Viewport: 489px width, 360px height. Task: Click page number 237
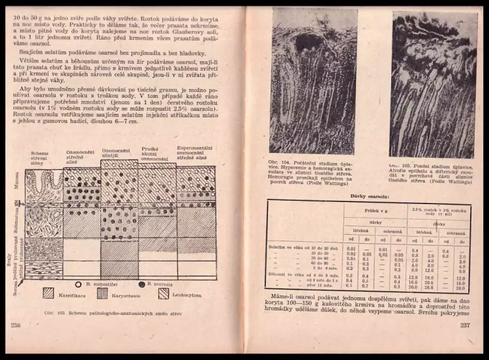(x=465, y=325)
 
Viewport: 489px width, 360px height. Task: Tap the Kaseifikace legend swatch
(x=49, y=293)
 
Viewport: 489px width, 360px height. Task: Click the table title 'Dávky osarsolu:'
(x=369, y=195)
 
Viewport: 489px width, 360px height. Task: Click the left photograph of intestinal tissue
(x=313, y=82)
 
